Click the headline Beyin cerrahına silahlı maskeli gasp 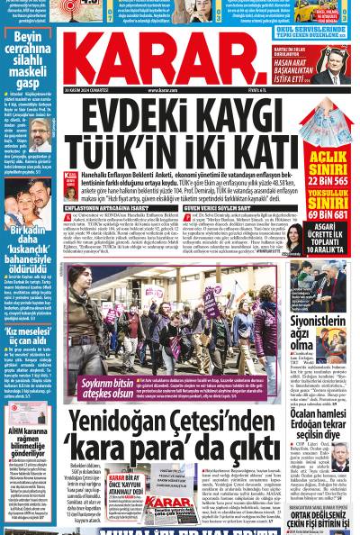tap(27, 59)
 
